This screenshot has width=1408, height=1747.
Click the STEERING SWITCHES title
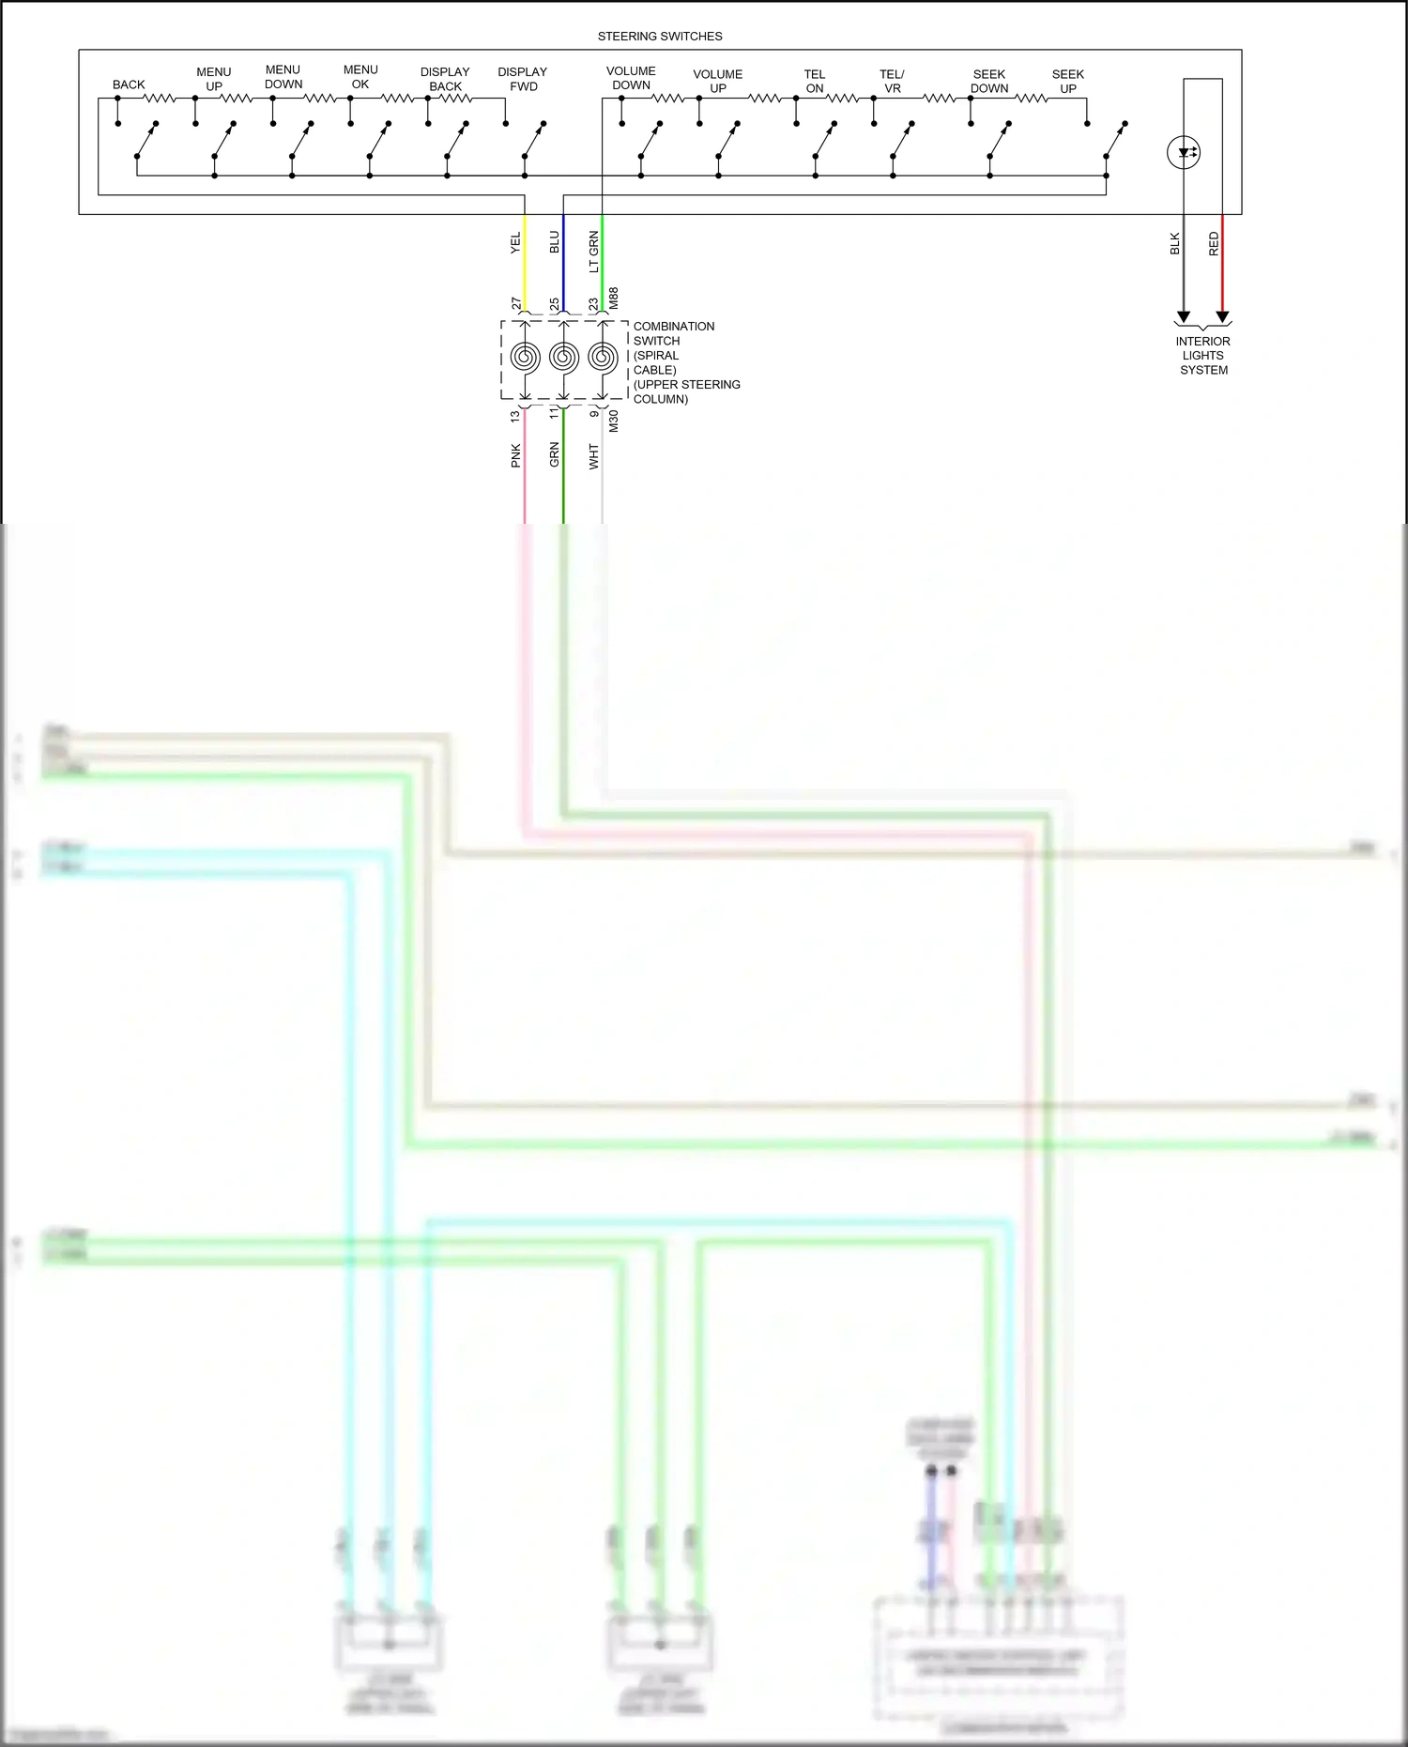[x=660, y=37]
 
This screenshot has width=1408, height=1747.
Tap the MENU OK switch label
[x=360, y=77]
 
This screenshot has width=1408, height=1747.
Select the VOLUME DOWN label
[x=631, y=78]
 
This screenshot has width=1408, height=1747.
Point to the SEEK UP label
[x=1067, y=81]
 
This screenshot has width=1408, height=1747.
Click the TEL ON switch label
[x=814, y=81]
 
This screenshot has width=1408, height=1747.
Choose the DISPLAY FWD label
[x=523, y=79]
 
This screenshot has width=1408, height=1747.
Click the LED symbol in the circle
[x=1184, y=152]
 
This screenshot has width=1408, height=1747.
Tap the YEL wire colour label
[x=515, y=243]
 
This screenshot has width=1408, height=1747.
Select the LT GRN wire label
[x=593, y=252]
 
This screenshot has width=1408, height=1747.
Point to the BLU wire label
[x=554, y=242]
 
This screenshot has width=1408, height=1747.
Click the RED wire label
[x=1214, y=244]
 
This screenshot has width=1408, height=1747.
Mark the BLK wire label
[x=1174, y=244]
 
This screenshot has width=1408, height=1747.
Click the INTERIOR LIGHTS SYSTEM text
[x=1203, y=356]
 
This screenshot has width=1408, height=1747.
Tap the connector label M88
[x=614, y=299]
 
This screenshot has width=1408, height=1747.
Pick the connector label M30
[x=614, y=421]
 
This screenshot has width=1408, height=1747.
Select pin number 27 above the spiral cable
[x=515, y=303]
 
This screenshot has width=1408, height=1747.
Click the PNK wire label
[x=515, y=455]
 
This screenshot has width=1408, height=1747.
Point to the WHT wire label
[x=593, y=456]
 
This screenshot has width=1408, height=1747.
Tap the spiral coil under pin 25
[x=563, y=357]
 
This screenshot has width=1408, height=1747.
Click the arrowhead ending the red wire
[x=1222, y=316]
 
